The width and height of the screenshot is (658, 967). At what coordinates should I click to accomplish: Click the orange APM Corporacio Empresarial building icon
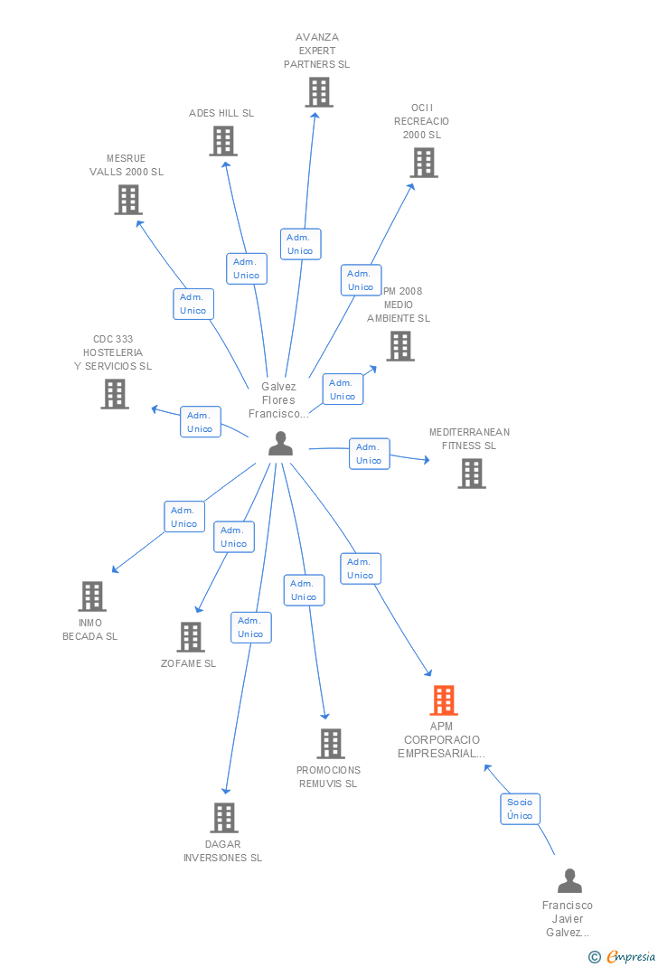443,700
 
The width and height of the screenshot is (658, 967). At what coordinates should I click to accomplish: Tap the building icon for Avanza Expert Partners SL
318,92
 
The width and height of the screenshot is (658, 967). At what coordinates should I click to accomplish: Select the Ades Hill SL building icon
223,141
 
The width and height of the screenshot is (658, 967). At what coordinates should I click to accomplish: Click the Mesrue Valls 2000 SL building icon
128,200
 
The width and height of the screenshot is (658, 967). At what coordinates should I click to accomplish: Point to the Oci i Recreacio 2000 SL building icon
423,163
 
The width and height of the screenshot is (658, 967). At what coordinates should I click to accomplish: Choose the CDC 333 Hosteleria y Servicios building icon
115,394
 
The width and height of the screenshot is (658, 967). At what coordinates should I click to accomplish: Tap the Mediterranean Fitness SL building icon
471,474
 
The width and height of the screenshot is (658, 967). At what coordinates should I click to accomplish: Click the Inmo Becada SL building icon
92,596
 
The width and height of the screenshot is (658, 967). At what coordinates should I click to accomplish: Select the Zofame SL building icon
190,637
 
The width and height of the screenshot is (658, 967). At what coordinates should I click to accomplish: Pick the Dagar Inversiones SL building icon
224,818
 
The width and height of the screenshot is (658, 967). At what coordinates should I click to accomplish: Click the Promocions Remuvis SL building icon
331,744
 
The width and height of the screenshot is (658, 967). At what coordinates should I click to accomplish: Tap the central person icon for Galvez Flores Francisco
280,444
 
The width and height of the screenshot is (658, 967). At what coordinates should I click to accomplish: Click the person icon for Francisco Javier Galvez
569,881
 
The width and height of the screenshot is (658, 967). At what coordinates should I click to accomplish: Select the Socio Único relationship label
520,809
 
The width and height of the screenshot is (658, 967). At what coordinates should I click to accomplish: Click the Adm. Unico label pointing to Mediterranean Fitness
369,454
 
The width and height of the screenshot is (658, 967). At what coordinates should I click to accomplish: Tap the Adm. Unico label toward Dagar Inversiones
250,627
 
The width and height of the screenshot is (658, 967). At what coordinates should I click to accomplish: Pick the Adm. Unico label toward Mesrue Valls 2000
193,304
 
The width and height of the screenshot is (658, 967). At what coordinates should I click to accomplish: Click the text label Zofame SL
188,663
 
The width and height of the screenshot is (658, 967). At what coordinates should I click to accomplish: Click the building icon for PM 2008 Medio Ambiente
400,346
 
